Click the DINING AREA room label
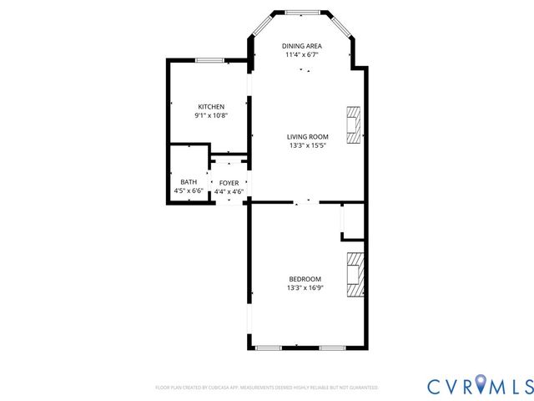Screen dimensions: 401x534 tap(302, 46)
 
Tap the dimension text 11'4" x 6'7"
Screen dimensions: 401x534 tap(302, 55)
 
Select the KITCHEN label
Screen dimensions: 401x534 tap(211, 106)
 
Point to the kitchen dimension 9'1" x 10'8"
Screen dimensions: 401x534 tap(211, 115)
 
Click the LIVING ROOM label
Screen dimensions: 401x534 tap(308, 137)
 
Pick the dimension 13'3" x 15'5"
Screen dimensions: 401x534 tap(308, 146)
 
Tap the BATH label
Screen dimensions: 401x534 tap(189, 182)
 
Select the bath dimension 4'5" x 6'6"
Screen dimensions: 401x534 tap(189, 191)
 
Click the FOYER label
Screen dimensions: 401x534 tap(229, 182)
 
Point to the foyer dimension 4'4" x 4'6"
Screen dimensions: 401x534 tap(229, 191)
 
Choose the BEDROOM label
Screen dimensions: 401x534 tap(305, 279)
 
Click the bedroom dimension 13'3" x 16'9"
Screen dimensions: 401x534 tap(305, 288)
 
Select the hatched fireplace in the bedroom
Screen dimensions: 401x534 tap(356, 274)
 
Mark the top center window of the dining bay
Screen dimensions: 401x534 tap(302, 13)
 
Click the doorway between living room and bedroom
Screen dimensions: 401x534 tap(308, 202)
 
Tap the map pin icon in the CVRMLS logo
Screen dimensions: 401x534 tap(481, 385)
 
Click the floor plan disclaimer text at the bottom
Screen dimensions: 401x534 tap(267, 388)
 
